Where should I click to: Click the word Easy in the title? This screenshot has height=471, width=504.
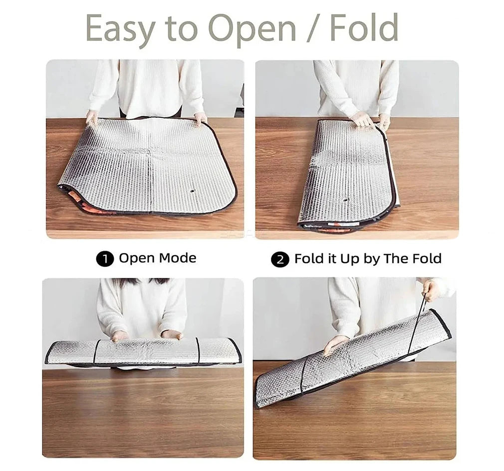point(121,29)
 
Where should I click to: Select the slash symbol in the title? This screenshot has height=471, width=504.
point(313,28)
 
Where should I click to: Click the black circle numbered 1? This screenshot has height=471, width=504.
point(105,259)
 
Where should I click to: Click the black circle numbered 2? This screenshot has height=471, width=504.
point(280,260)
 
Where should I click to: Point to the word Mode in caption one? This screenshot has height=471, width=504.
point(178,258)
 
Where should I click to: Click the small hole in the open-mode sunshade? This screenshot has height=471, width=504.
point(192,191)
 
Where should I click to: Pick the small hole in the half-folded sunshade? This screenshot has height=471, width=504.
point(345,200)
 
